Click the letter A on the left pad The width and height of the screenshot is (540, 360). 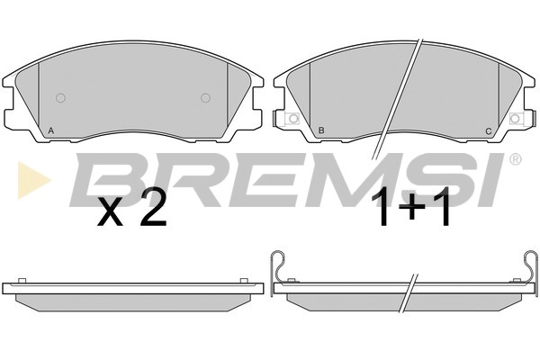click(x=51, y=130)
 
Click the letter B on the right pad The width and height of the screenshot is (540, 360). click(x=321, y=130)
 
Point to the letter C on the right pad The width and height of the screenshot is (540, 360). click(x=489, y=131)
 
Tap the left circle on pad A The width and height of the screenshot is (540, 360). click(x=60, y=98)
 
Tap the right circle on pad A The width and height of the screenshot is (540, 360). click(x=205, y=98)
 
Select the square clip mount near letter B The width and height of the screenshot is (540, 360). click(x=292, y=119)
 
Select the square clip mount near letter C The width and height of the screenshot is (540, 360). click(x=515, y=119)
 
